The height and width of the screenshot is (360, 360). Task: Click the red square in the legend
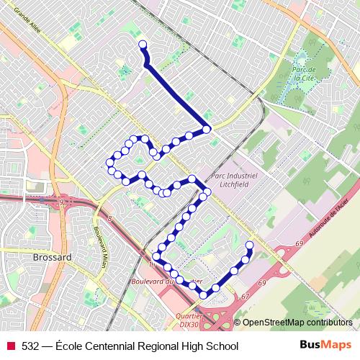tap(10, 346)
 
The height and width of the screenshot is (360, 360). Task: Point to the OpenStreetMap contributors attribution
tap(297, 323)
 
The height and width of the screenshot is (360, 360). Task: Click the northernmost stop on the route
tap(142, 45)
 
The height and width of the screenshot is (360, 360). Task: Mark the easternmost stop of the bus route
tap(250, 245)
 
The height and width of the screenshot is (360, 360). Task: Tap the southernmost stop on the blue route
tap(204, 294)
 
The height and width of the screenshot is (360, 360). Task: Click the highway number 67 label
tap(246, 295)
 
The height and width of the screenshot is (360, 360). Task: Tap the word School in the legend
tap(222, 346)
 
